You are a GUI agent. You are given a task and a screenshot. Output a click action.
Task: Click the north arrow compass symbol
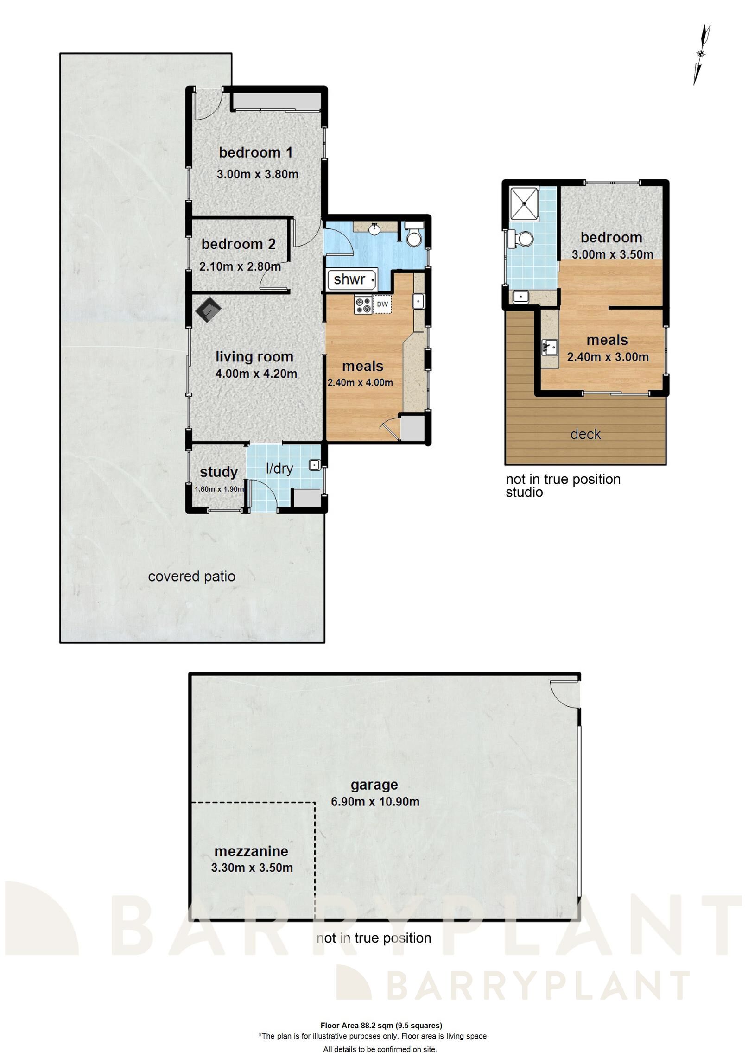pyautogui.click(x=701, y=55)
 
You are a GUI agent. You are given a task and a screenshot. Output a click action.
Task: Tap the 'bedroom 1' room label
pyautogui.click(x=256, y=152)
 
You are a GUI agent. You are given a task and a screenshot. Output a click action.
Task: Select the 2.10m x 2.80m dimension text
pyautogui.click(x=240, y=266)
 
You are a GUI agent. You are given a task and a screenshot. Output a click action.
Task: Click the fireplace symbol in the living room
pyautogui.click(x=208, y=309)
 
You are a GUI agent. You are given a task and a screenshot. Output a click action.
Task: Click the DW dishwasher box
pyautogui.click(x=382, y=304)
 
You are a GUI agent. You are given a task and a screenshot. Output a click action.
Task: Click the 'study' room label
pyautogui.click(x=219, y=472)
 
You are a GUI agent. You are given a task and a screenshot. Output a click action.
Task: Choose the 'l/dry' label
pyautogui.click(x=279, y=469)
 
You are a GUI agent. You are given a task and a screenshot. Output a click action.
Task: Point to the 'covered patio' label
pyautogui.click(x=191, y=577)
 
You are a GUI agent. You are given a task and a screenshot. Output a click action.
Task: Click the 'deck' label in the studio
pyautogui.click(x=585, y=434)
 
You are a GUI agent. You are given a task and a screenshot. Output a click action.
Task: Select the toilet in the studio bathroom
pyautogui.click(x=520, y=239)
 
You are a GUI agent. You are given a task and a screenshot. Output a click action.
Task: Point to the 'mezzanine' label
pyautogui.click(x=251, y=851)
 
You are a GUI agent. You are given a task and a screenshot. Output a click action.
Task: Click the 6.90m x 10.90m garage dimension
pyautogui.click(x=375, y=802)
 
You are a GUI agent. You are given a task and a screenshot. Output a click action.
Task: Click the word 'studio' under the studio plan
pyautogui.click(x=524, y=492)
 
